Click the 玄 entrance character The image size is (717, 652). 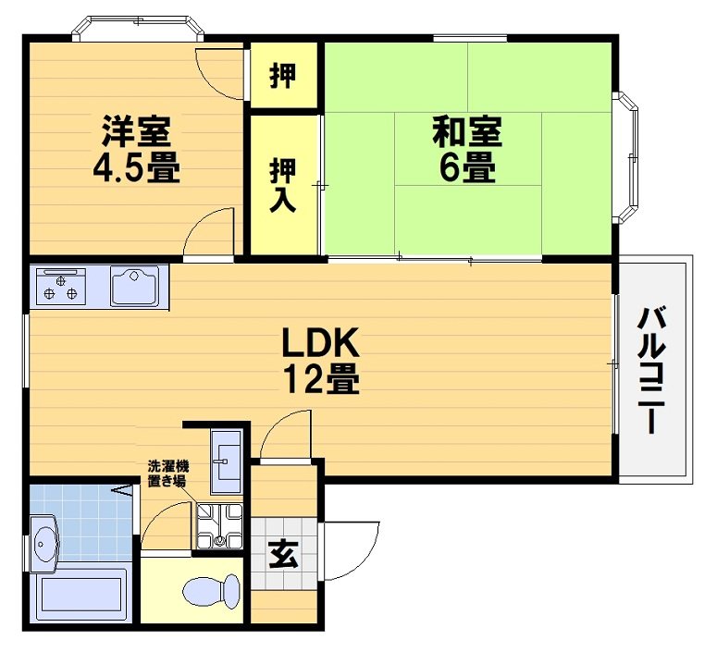tap(283, 555)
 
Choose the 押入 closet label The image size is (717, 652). tap(283, 183)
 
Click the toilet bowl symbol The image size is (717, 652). tap(211, 590)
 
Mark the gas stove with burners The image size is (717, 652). tap(59, 285)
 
